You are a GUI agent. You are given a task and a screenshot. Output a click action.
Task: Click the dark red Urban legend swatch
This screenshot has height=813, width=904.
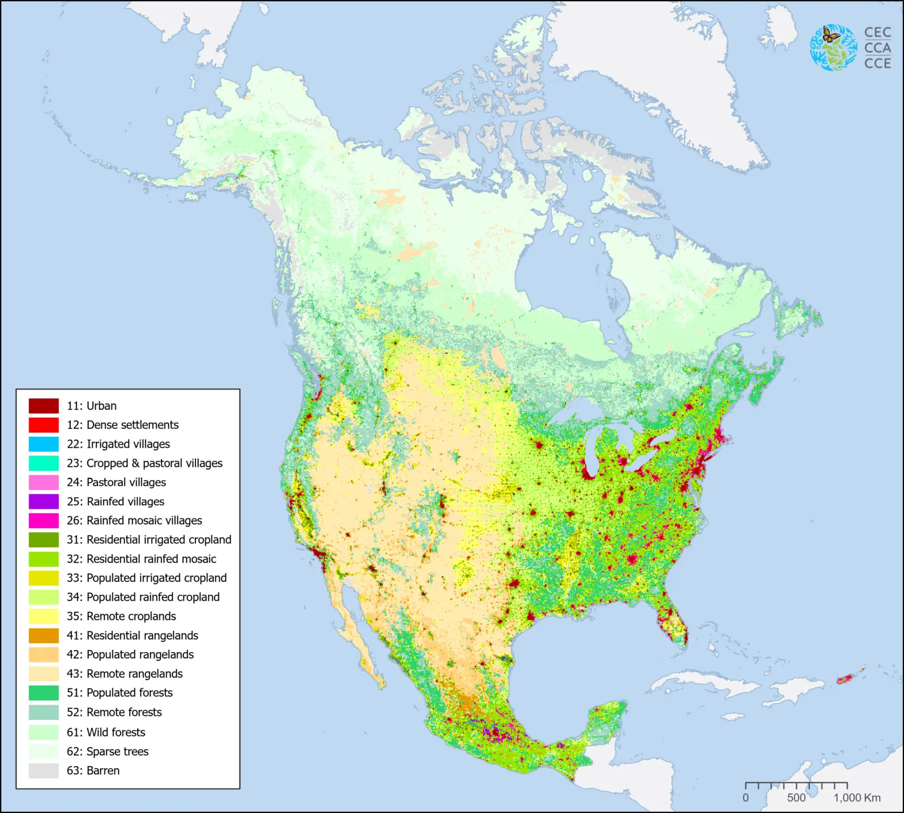click(44, 406)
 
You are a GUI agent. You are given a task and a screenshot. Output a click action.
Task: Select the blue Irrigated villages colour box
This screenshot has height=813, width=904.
click(44, 444)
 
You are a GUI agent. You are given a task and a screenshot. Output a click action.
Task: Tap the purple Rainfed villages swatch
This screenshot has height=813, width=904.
click(44, 501)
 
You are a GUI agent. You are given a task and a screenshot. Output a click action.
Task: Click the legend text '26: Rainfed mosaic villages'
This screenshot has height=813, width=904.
click(134, 520)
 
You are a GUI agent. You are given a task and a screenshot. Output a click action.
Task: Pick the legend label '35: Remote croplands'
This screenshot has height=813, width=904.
click(121, 616)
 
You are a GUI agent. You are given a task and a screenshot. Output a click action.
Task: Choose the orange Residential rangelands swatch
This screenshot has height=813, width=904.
click(44, 636)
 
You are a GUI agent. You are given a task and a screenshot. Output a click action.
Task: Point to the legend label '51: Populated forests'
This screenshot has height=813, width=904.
click(119, 693)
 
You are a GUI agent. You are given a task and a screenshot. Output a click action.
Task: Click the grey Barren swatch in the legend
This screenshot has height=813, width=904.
click(44, 770)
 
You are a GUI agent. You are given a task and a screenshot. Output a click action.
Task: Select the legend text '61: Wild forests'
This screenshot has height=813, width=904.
click(106, 732)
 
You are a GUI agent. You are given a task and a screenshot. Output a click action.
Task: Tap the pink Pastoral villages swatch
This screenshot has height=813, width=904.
click(44, 482)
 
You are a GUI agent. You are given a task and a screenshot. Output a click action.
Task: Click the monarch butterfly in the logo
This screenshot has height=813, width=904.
click(830, 35)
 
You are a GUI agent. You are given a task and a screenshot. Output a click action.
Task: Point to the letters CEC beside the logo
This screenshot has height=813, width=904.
click(877, 33)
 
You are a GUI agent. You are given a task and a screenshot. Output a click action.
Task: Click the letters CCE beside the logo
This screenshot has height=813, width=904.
click(877, 63)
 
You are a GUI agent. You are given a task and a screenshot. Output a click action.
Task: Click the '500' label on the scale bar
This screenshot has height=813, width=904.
click(796, 798)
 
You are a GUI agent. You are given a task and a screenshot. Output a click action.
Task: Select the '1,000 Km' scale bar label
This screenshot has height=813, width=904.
click(857, 798)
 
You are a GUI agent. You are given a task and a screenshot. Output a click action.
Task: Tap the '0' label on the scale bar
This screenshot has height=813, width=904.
click(745, 798)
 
